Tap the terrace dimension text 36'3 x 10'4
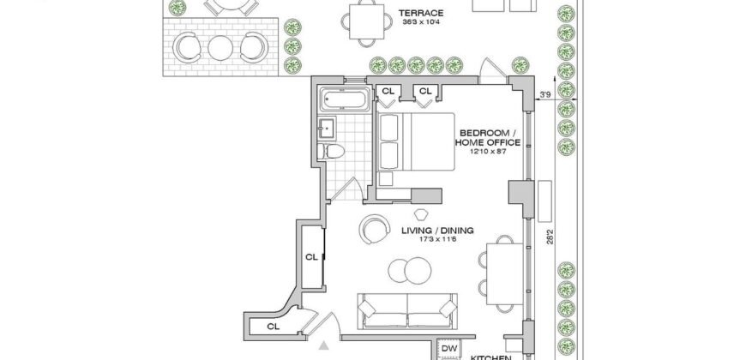click(x=420, y=23)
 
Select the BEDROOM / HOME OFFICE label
click(x=489, y=138)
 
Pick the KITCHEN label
click(x=492, y=356)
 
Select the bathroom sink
click(x=327, y=129)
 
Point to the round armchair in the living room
click(x=375, y=228)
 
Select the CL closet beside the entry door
click(x=274, y=327)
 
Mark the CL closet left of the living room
click(x=311, y=256)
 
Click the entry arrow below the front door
click(x=324, y=347)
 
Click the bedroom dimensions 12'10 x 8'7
click(x=489, y=152)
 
